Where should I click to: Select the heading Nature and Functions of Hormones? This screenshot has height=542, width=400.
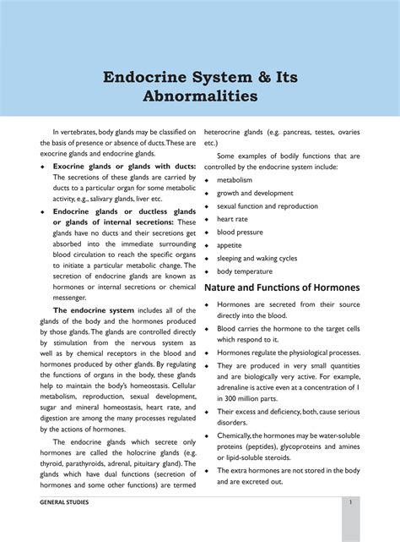click(x=282, y=287)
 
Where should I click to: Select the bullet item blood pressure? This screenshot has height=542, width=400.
click(x=240, y=232)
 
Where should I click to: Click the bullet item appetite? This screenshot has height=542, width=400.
click(x=230, y=245)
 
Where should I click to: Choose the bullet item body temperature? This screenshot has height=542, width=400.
click(x=245, y=271)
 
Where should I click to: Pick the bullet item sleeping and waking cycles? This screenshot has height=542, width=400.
click(x=257, y=258)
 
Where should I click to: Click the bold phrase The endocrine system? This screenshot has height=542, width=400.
click(x=94, y=310)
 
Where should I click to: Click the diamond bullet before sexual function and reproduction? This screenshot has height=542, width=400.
click(x=208, y=206)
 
